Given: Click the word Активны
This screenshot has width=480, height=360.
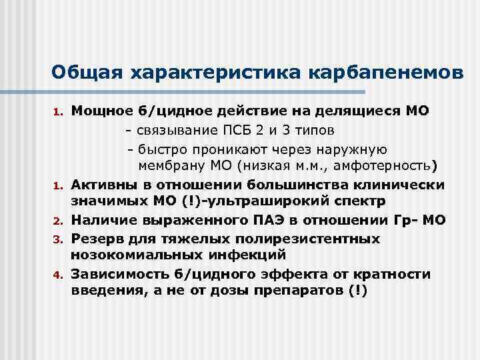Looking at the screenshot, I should point(100,183).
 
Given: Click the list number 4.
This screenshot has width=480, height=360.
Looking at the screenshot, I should point(58,275).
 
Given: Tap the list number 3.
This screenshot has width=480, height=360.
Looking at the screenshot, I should point(58,239).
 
